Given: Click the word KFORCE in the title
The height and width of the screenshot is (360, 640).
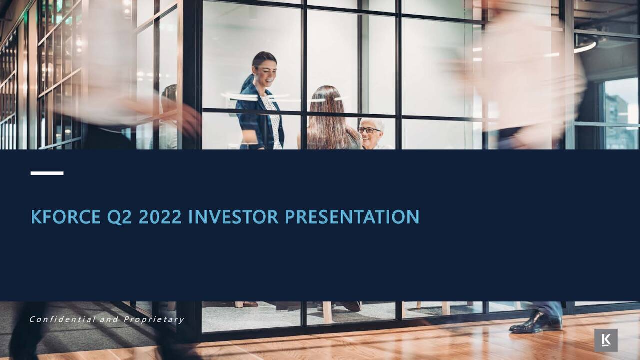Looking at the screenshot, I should pos(66,217).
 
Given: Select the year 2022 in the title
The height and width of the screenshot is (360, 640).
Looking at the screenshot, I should pos(160,217).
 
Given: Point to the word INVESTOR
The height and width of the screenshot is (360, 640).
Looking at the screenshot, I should pos(233,217).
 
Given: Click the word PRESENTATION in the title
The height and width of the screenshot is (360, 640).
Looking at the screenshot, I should pos(352,217).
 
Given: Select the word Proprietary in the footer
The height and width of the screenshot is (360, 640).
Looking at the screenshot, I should pos(154,319).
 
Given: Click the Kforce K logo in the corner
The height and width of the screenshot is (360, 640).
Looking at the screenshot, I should pos(606,340).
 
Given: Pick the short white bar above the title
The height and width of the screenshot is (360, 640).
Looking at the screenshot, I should pos(47,173).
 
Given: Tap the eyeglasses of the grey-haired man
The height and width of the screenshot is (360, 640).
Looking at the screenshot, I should pos(369,130).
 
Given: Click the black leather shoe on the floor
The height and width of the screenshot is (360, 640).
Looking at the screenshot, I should pos(535,323).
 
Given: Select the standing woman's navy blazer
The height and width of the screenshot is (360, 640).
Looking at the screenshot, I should pos(250,117).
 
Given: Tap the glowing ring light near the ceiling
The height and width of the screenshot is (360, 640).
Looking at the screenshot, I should pos(586,46).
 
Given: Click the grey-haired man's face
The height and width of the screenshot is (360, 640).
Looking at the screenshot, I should pos(370,134).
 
